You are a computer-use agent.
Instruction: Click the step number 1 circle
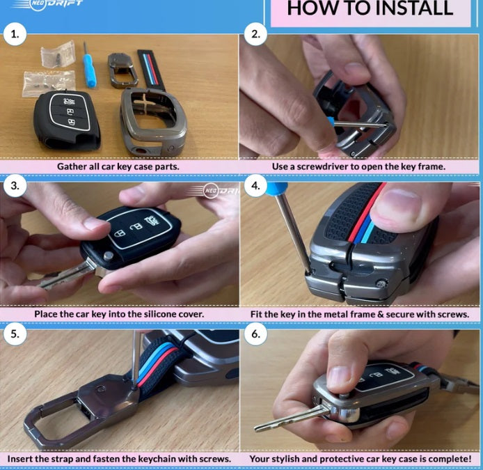(x=15, y=35)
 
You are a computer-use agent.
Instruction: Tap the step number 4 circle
(x=255, y=186)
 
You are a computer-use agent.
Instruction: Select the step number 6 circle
(x=255, y=334)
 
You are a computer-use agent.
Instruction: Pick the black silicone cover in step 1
(x=67, y=120)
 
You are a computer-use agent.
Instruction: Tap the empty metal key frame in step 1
(x=153, y=122)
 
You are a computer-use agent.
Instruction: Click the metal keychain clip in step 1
(x=122, y=70)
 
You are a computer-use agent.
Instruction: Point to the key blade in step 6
(x=289, y=418)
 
